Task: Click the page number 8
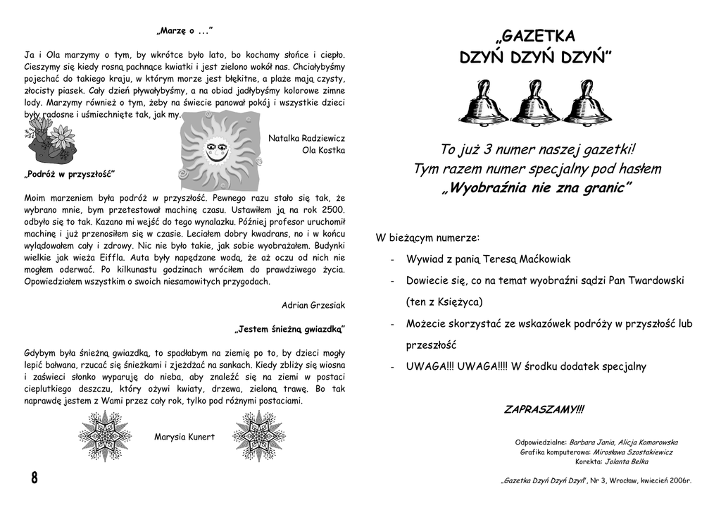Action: click(34, 478)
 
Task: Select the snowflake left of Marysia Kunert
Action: click(105, 437)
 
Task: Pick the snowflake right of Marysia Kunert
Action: click(259, 437)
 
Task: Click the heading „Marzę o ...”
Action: click(184, 31)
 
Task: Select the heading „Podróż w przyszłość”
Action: click(70, 174)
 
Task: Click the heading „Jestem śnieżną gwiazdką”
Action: click(289, 329)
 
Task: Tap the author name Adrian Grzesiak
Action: click(313, 305)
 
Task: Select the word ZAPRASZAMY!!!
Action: click(544, 409)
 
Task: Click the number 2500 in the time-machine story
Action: click(332, 210)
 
